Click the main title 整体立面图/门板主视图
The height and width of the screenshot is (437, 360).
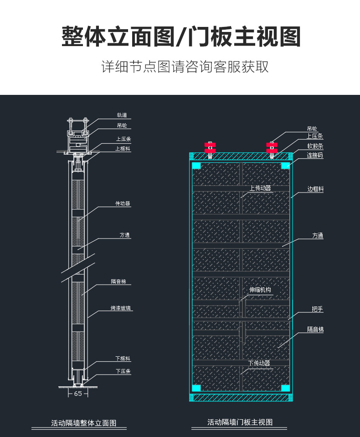[181, 37]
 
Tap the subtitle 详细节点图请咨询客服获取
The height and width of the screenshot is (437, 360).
[185, 67]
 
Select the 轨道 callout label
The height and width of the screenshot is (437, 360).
[121, 115]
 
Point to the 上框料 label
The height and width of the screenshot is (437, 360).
[123, 148]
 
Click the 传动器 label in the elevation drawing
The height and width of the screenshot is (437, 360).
[123, 203]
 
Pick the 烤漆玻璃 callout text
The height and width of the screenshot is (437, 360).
[122, 308]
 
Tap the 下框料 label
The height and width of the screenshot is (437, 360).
[123, 359]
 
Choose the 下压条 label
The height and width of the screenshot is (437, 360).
[123, 371]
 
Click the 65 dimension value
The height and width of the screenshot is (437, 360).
[78, 393]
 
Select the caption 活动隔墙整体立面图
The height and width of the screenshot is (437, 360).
[84, 423]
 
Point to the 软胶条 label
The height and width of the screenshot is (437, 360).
[315, 146]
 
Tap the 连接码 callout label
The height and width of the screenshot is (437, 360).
[315, 156]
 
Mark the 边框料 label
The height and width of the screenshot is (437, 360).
[315, 189]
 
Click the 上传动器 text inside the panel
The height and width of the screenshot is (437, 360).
[260, 188]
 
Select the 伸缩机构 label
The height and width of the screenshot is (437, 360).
[260, 290]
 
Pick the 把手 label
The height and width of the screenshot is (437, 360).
[317, 309]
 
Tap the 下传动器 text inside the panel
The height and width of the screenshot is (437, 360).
[259, 363]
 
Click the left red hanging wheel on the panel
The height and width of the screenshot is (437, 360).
[210, 147]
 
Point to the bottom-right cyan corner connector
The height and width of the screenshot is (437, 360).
[286, 388]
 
